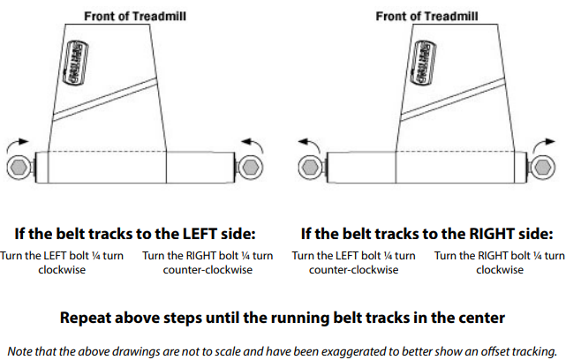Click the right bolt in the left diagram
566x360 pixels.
click(x=251, y=166)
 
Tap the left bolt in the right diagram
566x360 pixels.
click(x=308, y=166)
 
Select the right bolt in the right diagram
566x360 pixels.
click(x=542, y=166)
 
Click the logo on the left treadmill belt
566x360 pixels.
click(x=78, y=64)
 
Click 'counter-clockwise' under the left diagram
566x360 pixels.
click(x=208, y=269)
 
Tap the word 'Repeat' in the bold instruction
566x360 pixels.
click(x=86, y=315)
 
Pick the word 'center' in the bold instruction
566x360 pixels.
click(x=478, y=315)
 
